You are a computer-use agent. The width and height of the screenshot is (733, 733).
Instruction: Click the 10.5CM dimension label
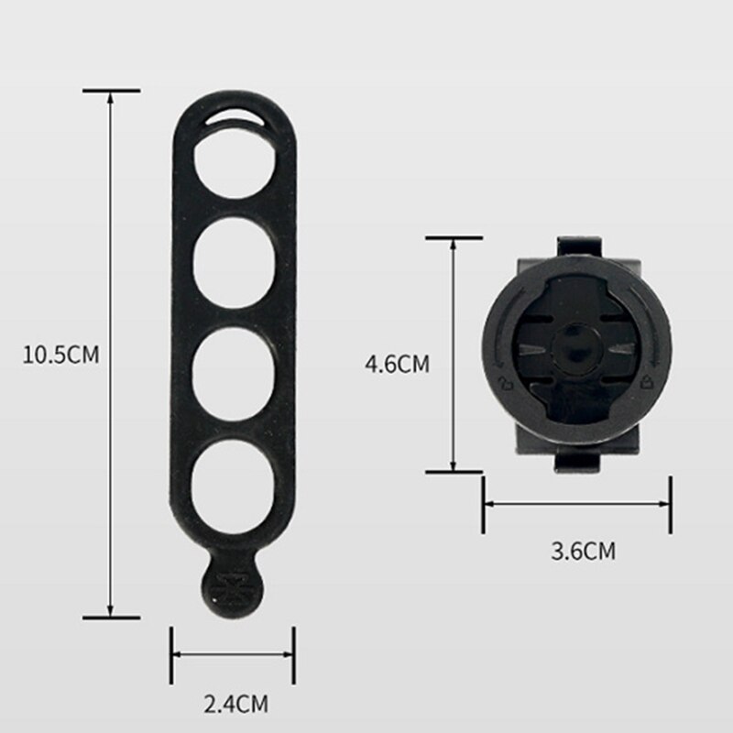[60, 354]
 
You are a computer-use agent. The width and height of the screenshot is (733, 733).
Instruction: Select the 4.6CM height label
[397, 364]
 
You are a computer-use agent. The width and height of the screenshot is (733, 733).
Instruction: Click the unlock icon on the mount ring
[503, 380]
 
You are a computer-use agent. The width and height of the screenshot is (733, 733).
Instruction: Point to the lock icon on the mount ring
[650, 378]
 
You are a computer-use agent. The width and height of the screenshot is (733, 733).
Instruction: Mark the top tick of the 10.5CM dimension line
[111, 91]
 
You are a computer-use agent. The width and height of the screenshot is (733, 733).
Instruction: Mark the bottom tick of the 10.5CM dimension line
[111, 617]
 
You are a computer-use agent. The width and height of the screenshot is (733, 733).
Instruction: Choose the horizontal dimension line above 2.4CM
[232, 654]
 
